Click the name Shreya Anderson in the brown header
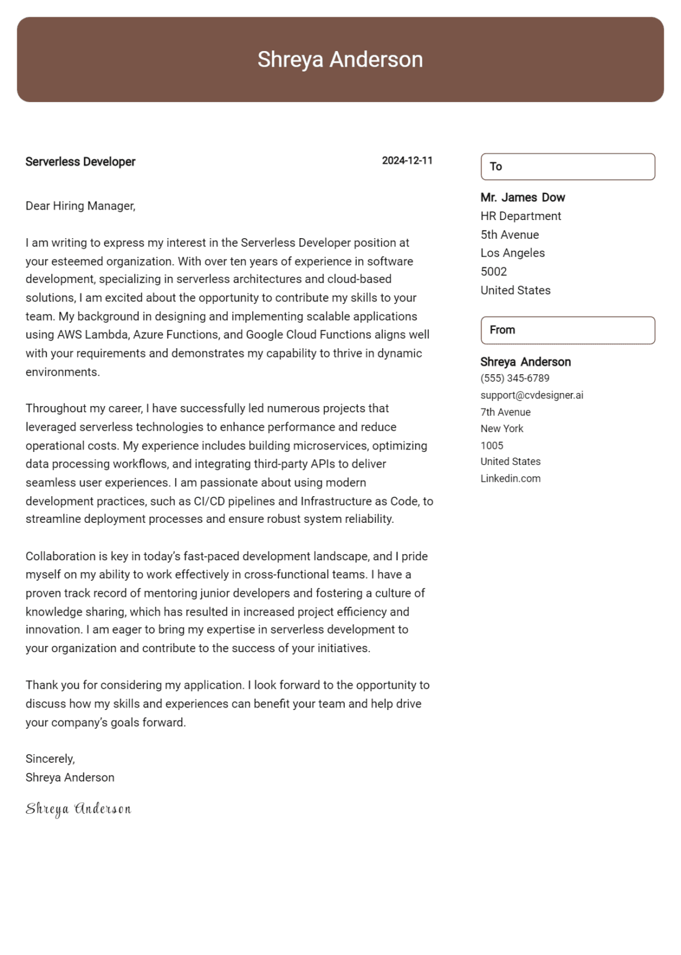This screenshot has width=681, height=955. tap(340, 60)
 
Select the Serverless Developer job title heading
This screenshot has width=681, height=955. tap(80, 162)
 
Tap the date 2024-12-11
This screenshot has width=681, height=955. tap(407, 160)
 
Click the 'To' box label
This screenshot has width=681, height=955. tap(496, 167)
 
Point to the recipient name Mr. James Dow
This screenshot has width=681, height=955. tap(522, 198)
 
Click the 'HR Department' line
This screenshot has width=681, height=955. tap(521, 216)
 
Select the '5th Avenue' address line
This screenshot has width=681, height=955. tap(509, 235)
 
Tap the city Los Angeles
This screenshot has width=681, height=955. tap(512, 253)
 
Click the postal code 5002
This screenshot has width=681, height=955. tap(493, 272)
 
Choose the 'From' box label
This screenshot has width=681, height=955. tap(502, 330)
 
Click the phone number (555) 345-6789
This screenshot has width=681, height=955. tap(514, 378)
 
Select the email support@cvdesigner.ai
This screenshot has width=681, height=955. tap(531, 395)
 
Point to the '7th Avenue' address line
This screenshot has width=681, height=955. tap(505, 412)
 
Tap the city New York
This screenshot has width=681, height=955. tap(501, 429)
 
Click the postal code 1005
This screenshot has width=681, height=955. tap(491, 446)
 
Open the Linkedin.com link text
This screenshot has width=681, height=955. tap(510, 479)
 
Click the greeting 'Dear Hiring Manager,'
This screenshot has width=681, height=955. tap(80, 206)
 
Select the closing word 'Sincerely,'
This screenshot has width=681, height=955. tap(50, 759)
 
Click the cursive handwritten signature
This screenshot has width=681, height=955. tap(78, 809)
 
